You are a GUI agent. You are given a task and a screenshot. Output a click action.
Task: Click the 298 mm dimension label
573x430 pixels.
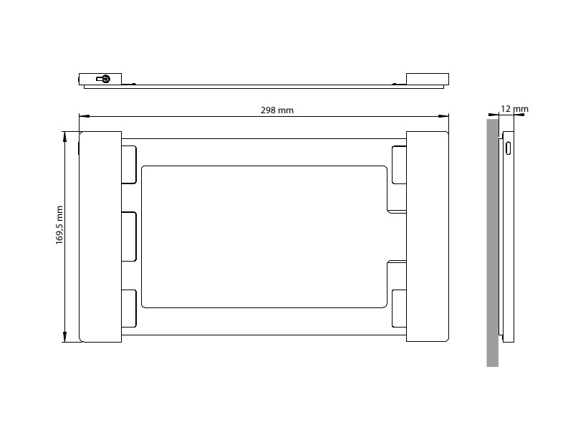(276, 110)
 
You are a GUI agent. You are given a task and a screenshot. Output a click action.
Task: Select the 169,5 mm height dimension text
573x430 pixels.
(59, 226)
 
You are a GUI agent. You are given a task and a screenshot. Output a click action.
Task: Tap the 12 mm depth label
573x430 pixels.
(514, 109)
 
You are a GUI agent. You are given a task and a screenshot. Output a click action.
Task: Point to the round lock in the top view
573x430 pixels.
(105, 79)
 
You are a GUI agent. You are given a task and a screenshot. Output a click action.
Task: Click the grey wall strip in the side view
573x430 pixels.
(492, 244)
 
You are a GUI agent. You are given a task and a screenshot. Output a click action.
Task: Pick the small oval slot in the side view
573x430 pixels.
(509, 149)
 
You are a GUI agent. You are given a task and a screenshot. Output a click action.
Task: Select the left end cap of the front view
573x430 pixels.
(100, 236)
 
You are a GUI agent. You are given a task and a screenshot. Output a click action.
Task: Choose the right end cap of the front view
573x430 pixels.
(428, 236)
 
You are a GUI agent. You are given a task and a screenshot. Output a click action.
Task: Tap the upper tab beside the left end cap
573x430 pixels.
(130, 165)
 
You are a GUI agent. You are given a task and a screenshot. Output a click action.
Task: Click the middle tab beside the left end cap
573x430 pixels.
(130, 236)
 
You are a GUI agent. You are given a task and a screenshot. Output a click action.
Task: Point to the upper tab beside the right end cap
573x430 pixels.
(399, 165)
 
